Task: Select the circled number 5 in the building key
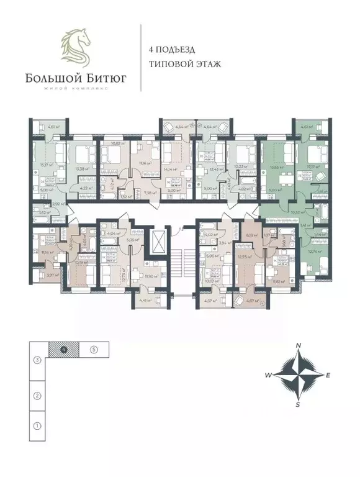(x=93, y=349)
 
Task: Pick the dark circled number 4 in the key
(x=64, y=349)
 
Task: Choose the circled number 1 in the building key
(x=37, y=426)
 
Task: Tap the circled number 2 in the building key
(x=37, y=396)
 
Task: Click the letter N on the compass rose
(x=298, y=345)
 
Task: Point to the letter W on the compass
(x=268, y=375)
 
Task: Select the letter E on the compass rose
(x=328, y=375)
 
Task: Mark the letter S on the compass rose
(x=298, y=405)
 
